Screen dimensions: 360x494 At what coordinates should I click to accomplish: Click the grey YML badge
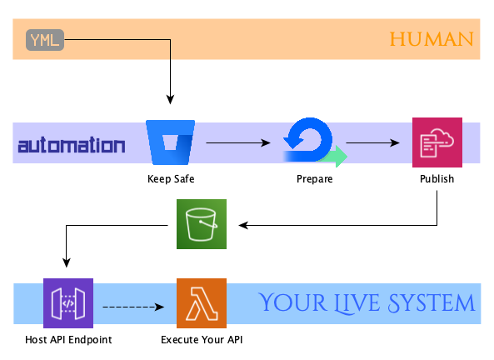pos(45,40)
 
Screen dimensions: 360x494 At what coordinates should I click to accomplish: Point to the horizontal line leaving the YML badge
pos(117,39)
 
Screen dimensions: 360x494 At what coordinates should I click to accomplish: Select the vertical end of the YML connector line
pos(170,50)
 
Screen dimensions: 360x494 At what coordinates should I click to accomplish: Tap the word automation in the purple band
pos(72,146)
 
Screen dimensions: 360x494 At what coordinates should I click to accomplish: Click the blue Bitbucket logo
pos(171,142)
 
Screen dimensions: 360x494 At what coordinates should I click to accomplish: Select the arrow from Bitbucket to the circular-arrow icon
pos(238,142)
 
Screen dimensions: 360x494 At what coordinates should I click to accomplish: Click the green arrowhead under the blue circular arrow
pos(337,156)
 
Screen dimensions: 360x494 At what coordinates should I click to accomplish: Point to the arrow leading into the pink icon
pos(373,142)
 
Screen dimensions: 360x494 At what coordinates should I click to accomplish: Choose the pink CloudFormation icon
pos(437,142)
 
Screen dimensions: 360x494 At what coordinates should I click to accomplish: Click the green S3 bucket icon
pos(202,224)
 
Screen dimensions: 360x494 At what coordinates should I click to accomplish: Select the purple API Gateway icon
pos(68,303)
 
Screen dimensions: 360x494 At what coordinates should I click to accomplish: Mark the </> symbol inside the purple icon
pos(68,303)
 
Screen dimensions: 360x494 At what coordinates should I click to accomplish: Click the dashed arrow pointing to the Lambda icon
pos(133,307)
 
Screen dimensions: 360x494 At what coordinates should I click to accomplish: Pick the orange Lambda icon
pos(202,303)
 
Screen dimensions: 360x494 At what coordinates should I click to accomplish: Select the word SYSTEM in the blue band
pos(430,303)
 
